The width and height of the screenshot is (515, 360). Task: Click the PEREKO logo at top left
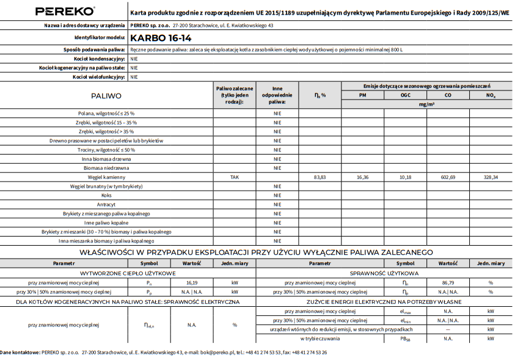pos(65,11)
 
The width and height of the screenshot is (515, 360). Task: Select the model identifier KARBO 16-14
pos(155,37)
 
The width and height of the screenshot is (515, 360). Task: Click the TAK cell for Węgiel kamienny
pos(235,177)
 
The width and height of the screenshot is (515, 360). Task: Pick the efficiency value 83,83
pos(320,177)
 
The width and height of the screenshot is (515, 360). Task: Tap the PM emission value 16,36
pos(362,177)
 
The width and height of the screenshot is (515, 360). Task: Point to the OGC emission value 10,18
pos(405,177)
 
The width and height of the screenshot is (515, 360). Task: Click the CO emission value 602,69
pos(448,177)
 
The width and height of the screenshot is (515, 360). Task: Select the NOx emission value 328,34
pos(491,177)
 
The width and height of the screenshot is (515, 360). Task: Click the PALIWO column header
pos(106,96)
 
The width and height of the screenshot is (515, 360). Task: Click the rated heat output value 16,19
pos(192,283)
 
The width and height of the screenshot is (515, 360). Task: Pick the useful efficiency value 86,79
pos(448,283)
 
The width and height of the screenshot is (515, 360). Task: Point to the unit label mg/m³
pos(426,105)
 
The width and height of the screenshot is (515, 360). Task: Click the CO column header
pos(448,96)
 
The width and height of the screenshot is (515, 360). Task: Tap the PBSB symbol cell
pos(405,338)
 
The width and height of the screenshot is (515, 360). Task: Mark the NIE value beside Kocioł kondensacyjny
pos(134,59)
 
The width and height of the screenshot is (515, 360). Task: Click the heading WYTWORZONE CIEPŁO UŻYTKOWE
pos(128,274)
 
